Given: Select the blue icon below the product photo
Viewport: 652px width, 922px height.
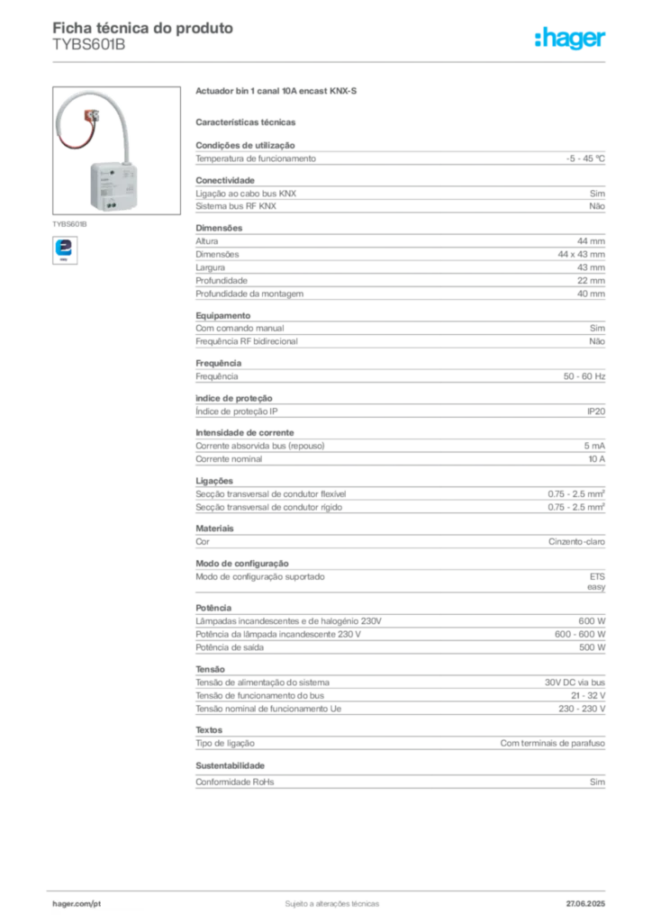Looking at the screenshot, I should [x=65, y=249].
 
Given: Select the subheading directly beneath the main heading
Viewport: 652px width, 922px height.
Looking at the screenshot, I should [x=249, y=121].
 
